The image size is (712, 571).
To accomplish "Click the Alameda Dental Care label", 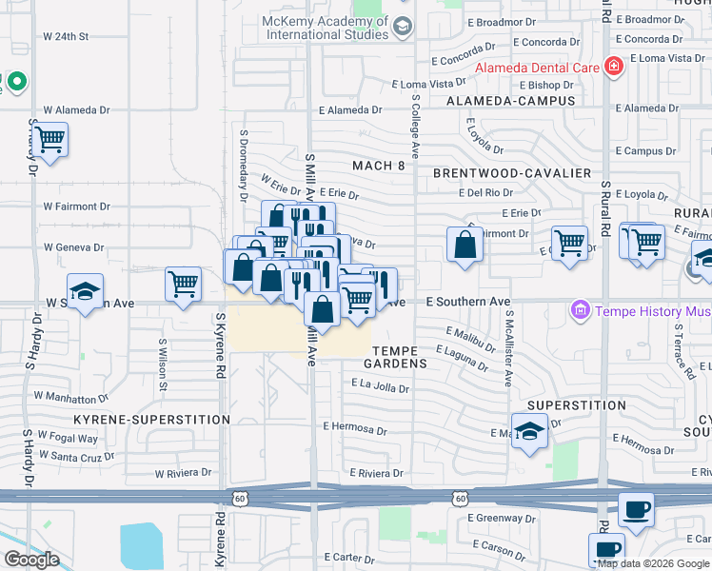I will click(x=538, y=68).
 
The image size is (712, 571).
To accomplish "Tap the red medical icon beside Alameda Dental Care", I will click(x=614, y=67).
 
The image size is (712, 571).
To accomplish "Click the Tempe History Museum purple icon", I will click(x=578, y=310).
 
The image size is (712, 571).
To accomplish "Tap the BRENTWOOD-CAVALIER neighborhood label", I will click(x=512, y=173).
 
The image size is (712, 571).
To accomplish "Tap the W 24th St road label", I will click(x=66, y=36).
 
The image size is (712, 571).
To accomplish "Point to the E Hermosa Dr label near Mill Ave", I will click(x=355, y=429).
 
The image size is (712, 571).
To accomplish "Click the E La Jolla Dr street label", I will click(x=380, y=387).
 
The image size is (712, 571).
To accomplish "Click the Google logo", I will click(x=31, y=560).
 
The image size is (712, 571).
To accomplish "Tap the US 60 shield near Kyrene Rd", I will click(x=239, y=497).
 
